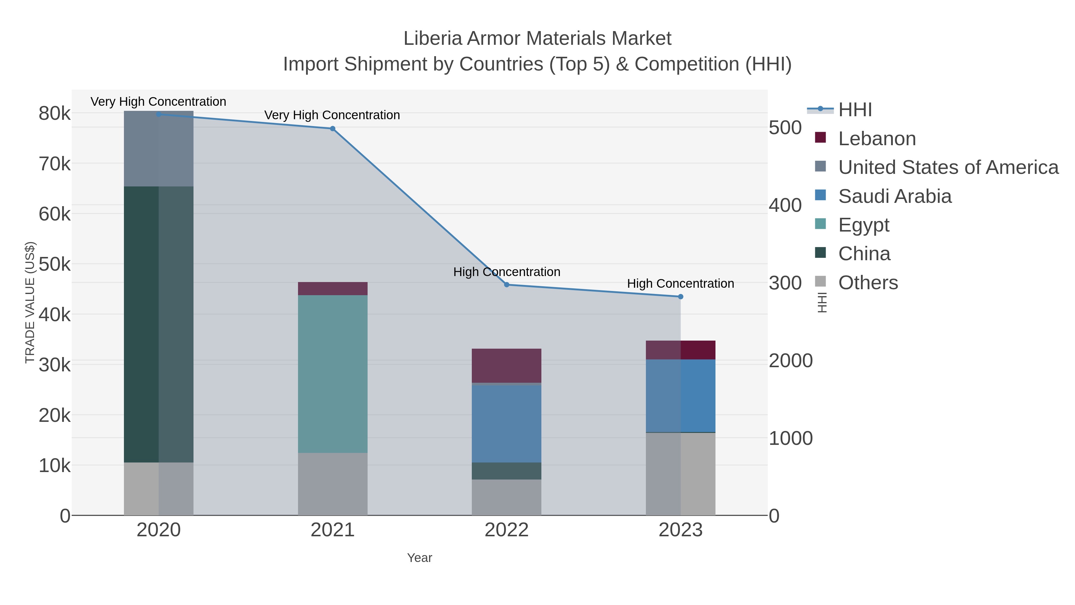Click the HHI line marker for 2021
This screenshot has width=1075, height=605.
click(x=333, y=128)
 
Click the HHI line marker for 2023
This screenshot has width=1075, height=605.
click(x=681, y=296)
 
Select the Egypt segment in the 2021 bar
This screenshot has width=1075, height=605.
click(x=333, y=374)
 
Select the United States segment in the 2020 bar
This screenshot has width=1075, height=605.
click(x=159, y=149)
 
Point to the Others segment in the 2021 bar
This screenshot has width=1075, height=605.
click(x=333, y=484)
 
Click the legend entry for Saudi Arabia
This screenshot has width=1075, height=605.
click(x=895, y=196)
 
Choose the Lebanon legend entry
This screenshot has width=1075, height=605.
click(x=877, y=139)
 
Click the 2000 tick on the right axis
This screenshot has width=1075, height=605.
click(x=790, y=361)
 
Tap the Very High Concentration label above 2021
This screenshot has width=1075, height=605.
click(x=332, y=115)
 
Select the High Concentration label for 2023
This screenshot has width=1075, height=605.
click(x=680, y=284)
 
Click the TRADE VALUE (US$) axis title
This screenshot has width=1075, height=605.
click(x=30, y=302)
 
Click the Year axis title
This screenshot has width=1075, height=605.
click(x=420, y=558)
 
